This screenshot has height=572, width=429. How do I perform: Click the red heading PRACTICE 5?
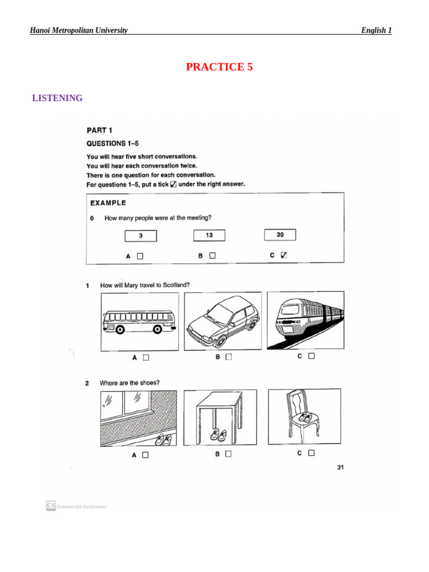point(219,67)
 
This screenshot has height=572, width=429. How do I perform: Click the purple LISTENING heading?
point(58,98)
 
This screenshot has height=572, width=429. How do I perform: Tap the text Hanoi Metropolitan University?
point(79,30)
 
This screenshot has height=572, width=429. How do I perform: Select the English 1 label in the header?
point(376,30)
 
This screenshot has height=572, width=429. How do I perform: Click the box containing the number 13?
point(209,235)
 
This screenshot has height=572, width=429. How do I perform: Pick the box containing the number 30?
point(280,235)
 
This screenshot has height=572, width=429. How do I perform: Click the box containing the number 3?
point(140,236)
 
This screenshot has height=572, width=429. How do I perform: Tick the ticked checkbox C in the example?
point(284,255)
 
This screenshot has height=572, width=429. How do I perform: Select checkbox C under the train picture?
point(312,355)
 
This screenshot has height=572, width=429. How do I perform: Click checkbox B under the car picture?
point(228,357)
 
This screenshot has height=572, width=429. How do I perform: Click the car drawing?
point(223,321)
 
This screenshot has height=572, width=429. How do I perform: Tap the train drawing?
point(305,320)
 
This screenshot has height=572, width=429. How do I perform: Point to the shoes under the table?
point(218,434)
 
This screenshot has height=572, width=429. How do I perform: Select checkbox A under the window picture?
point(145,455)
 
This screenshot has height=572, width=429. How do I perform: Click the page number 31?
point(340,467)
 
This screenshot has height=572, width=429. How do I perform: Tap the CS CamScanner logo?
point(51,505)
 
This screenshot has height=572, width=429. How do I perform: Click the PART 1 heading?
point(99,130)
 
